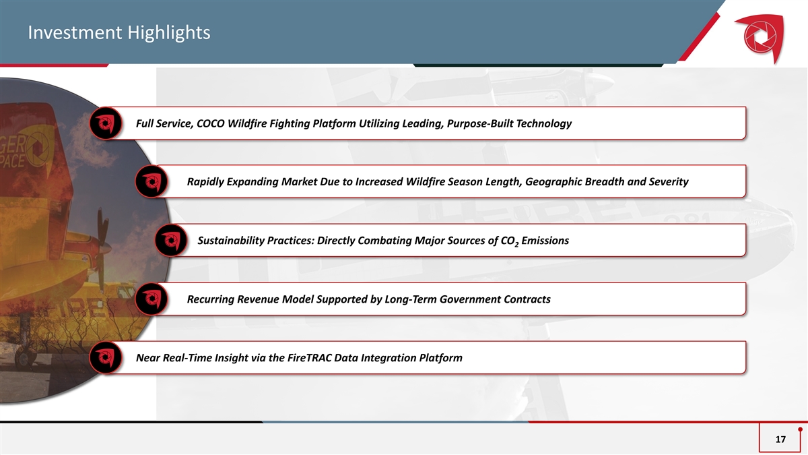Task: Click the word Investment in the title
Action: (75, 32)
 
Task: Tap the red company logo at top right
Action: (760, 38)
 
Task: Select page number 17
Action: (780, 439)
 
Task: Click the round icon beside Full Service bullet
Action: (105, 123)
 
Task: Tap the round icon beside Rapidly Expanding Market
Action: (151, 181)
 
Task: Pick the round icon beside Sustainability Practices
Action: (171, 240)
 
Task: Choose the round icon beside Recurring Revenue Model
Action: (151, 299)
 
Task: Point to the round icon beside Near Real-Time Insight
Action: (105, 357)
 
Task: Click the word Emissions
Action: (545, 241)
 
